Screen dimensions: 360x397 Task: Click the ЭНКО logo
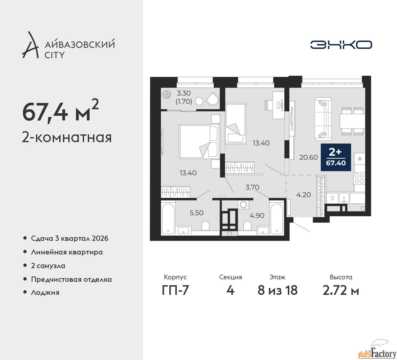click(x=341, y=45)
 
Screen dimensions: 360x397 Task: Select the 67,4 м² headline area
click(x=60, y=111)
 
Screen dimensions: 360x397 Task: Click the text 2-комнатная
click(x=67, y=137)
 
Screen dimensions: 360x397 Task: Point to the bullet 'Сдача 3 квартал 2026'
click(x=69, y=238)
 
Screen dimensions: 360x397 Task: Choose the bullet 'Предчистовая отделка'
click(x=71, y=279)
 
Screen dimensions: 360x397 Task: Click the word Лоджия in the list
click(x=45, y=292)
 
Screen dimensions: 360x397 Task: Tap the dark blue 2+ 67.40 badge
click(x=336, y=157)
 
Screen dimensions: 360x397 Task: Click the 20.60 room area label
click(x=308, y=158)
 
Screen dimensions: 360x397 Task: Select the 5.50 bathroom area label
click(x=196, y=213)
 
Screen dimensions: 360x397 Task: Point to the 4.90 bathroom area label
click(x=257, y=216)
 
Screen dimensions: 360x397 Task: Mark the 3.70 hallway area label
click(x=252, y=187)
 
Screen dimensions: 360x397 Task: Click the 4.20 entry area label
click(x=303, y=195)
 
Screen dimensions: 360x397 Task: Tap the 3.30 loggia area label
click(x=184, y=93)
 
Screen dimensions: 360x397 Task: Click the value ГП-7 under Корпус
click(x=175, y=290)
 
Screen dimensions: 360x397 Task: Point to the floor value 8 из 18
click(x=277, y=290)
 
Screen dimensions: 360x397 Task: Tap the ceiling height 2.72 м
click(x=341, y=290)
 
